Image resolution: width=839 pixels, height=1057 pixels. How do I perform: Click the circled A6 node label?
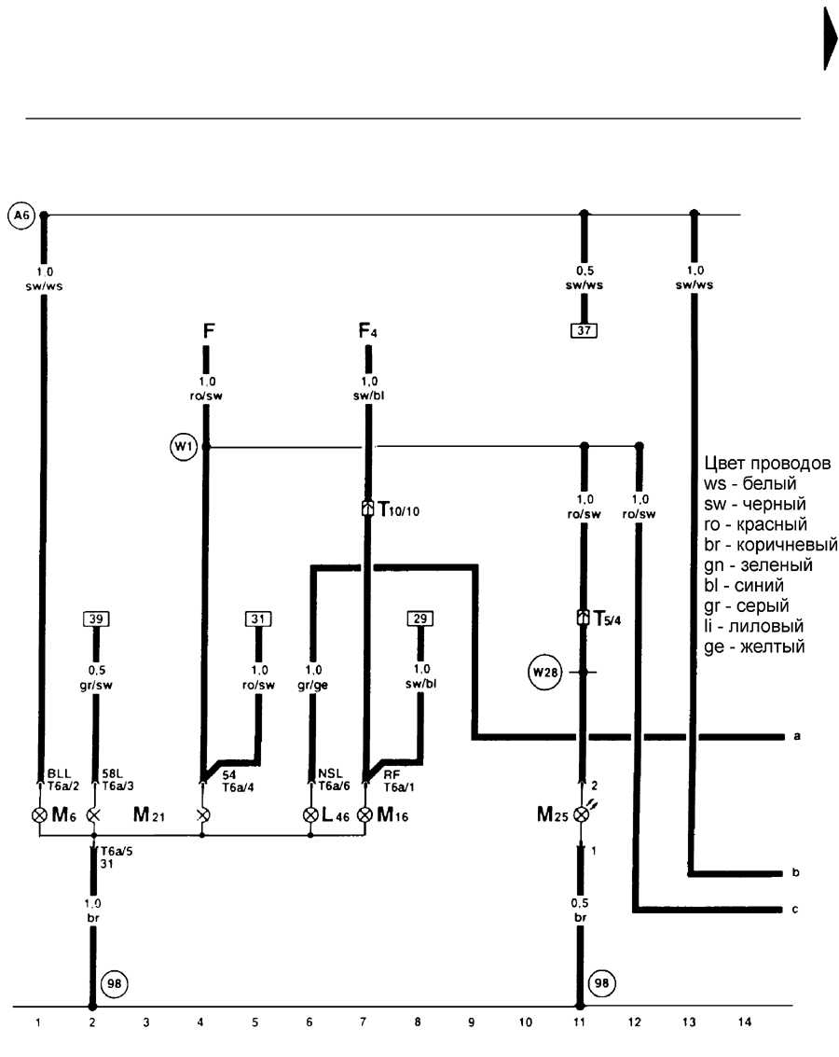(21, 216)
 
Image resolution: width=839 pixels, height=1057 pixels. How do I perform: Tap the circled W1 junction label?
(183, 446)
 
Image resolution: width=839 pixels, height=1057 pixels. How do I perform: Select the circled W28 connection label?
(544, 672)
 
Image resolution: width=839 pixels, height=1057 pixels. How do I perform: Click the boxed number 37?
(584, 330)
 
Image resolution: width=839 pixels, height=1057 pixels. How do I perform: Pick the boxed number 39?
(96, 619)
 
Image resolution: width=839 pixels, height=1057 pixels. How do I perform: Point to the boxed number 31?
(258, 619)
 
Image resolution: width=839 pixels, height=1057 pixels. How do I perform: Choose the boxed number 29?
(420, 619)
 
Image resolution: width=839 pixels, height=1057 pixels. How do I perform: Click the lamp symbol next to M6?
(40, 815)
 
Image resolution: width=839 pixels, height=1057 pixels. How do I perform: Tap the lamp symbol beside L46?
(310, 815)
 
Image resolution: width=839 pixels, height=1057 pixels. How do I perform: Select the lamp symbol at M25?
(581, 814)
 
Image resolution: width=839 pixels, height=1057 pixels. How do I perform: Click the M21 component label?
(149, 815)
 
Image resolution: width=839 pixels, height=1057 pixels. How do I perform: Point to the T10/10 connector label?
(399, 509)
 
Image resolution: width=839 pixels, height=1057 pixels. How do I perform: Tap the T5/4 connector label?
(608, 619)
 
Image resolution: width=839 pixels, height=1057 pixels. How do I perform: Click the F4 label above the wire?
(367, 331)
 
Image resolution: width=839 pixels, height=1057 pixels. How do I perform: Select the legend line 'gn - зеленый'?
(758, 565)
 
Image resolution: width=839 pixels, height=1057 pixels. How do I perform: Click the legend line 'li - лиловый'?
(753, 626)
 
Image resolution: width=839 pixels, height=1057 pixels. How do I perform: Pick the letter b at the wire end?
(795, 872)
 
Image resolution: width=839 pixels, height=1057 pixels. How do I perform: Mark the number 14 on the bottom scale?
(744, 1022)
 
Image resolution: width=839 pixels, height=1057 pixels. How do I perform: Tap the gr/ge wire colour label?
(312, 685)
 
